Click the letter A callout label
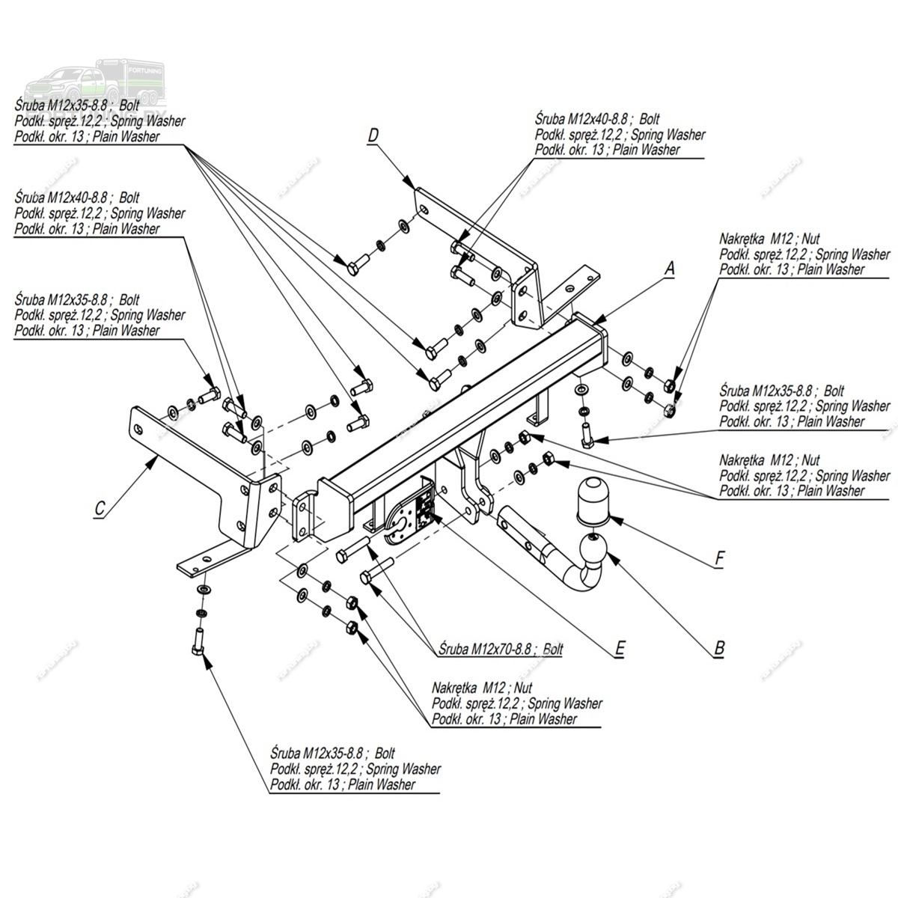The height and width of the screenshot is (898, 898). (x=671, y=268)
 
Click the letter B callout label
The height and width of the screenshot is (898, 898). (x=719, y=648)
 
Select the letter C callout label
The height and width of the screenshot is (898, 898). (x=100, y=509)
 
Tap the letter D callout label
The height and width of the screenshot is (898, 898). (x=373, y=135)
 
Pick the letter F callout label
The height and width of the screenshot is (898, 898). (x=720, y=558)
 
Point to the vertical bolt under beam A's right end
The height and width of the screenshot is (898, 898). (x=586, y=434)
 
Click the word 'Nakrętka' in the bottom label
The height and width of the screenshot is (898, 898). (x=455, y=688)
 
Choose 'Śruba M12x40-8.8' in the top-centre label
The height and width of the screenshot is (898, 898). (x=581, y=119)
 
